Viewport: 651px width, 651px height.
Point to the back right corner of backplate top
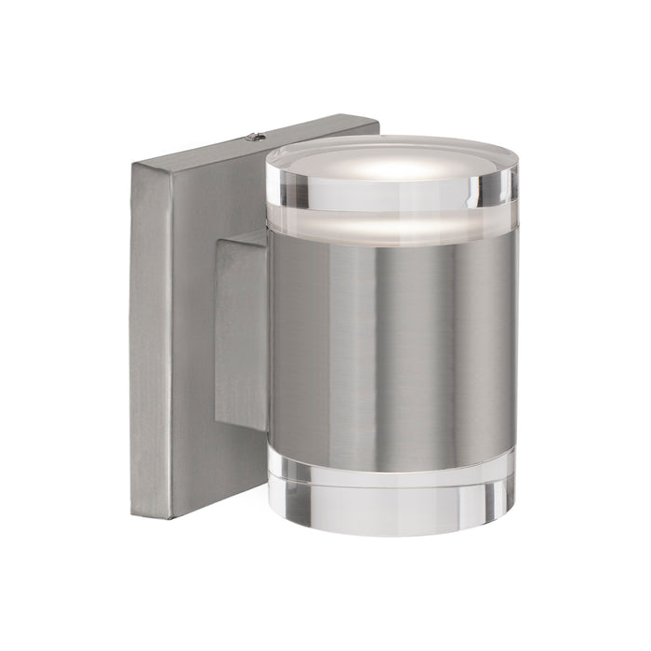point(372,119)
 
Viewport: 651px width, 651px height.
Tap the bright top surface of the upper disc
point(391,160)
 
